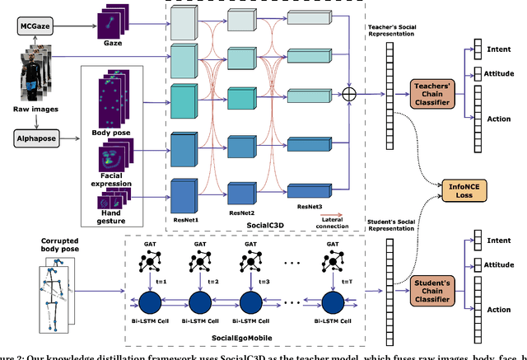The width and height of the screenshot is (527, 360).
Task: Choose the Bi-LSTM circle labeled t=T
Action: point(333,299)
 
